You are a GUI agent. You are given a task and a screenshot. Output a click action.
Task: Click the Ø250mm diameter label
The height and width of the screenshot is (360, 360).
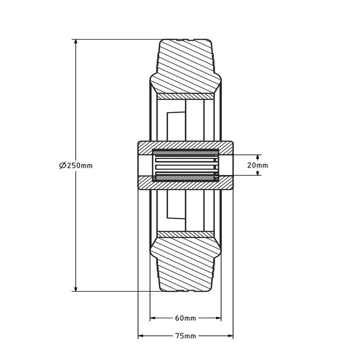(76, 165)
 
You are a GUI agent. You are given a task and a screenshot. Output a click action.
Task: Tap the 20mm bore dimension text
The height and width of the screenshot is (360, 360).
(258, 165)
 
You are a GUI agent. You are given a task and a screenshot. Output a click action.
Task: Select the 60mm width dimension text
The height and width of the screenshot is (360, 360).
(186, 318)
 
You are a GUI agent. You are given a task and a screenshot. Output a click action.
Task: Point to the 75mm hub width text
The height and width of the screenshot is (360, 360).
(186, 336)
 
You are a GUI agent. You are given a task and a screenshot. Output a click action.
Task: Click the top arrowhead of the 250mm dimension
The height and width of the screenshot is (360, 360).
(76, 42)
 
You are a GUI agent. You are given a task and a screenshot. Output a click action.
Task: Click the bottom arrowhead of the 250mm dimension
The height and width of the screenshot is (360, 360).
(76, 289)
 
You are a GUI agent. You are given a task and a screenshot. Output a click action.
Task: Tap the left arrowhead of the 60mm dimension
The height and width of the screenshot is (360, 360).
(153, 318)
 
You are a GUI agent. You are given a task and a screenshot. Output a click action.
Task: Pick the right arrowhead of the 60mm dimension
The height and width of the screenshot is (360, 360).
(218, 318)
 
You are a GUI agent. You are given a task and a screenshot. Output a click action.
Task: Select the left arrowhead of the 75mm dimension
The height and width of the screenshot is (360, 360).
(141, 336)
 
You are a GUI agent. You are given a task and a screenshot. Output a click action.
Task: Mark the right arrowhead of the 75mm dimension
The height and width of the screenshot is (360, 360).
(230, 336)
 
